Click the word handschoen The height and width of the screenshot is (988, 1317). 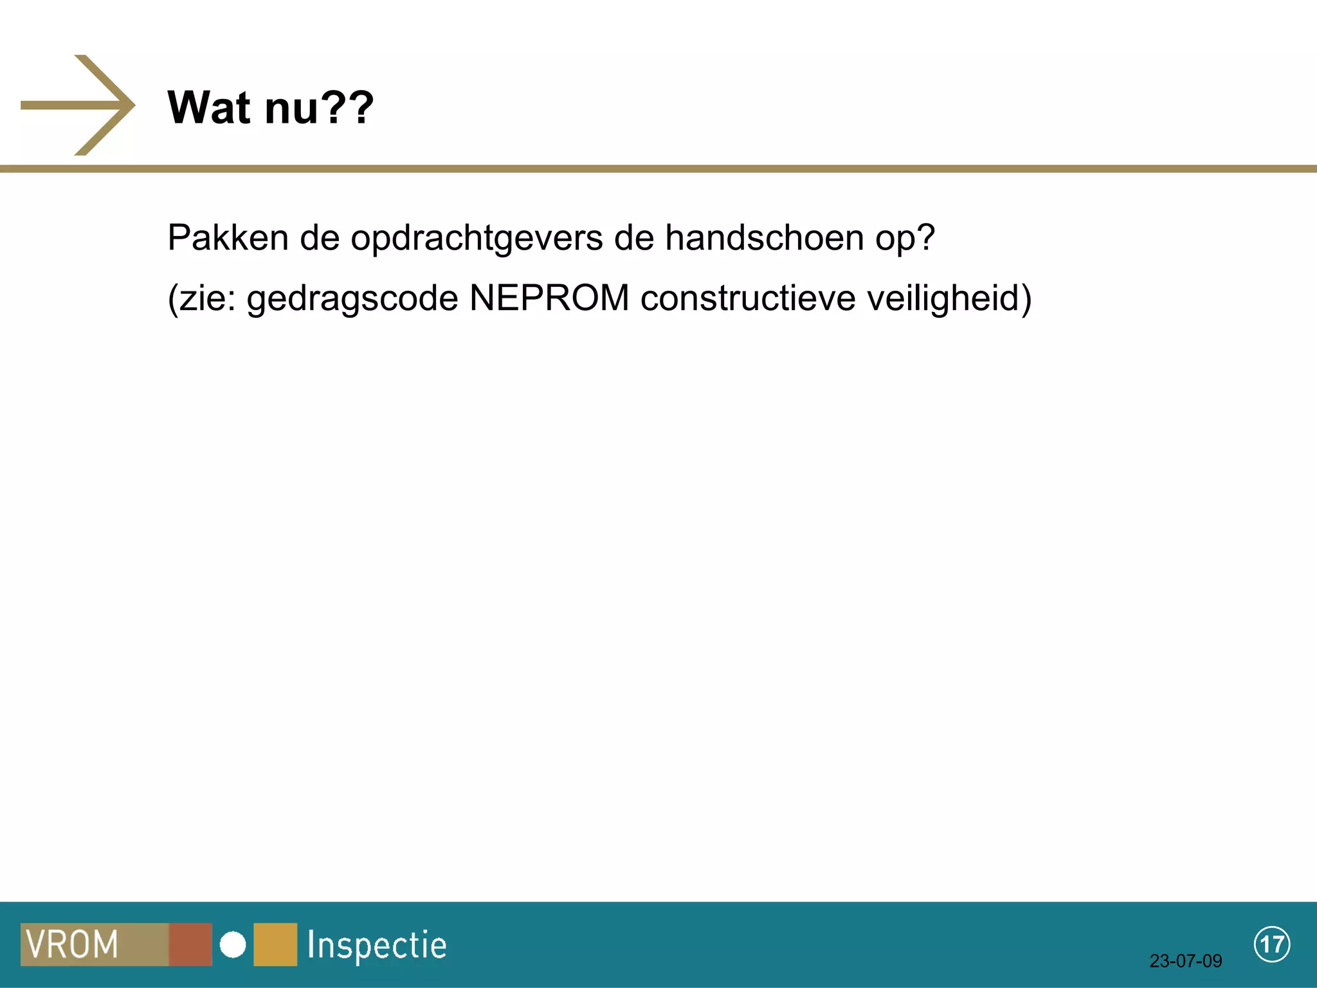pyautogui.click(x=764, y=237)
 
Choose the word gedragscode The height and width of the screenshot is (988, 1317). pyautogui.click(x=352, y=299)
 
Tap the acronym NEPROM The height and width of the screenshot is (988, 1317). pyautogui.click(x=549, y=298)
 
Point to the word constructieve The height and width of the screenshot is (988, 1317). pyautogui.click(x=748, y=298)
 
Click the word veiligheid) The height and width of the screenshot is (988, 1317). pyautogui.click(x=949, y=299)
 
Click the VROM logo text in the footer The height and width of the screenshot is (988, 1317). pyautogui.click(x=72, y=944)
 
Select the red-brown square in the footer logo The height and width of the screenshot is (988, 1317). pyautogui.click(x=190, y=944)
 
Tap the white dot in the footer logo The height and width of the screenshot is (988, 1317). pyautogui.click(x=233, y=945)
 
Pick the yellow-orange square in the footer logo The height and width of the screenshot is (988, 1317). pyautogui.click(x=275, y=944)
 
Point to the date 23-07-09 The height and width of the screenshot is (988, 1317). pyautogui.click(x=1185, y=961)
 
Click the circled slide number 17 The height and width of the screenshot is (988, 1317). pyautogui.click(x=1271, y=944)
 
